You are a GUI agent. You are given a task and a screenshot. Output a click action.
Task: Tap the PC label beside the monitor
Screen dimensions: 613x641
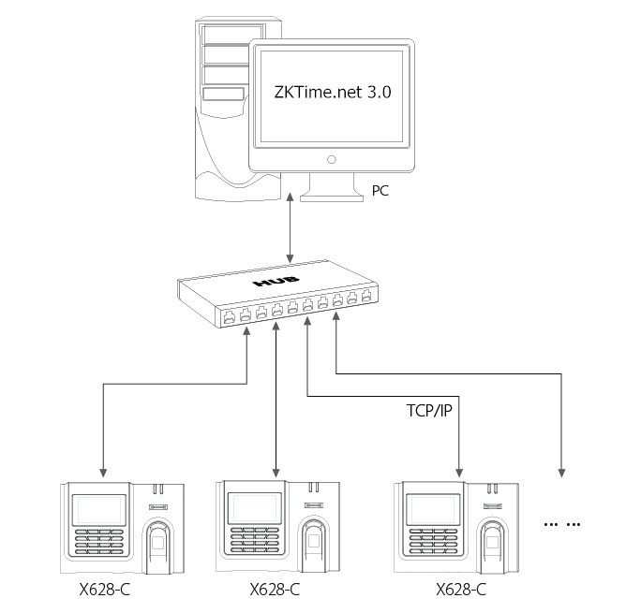coord(380,190)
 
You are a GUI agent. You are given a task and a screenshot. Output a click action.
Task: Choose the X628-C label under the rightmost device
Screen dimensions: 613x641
coord(461,590)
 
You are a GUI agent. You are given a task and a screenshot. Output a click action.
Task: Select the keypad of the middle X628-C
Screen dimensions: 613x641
coord(255,541)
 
